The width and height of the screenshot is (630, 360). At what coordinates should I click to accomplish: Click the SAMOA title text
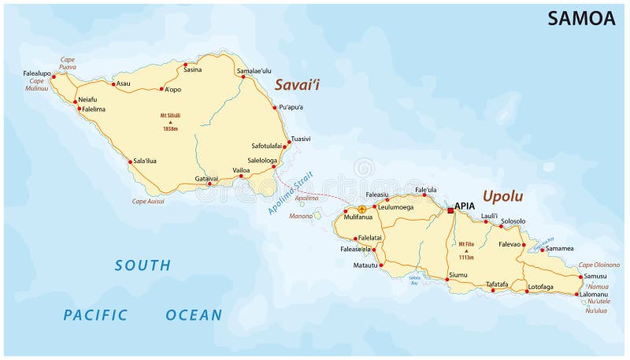581,19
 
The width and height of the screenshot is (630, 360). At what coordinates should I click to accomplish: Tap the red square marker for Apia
450,210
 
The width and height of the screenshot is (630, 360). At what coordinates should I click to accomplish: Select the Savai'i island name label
302,84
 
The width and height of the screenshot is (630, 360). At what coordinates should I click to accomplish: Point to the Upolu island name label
502,195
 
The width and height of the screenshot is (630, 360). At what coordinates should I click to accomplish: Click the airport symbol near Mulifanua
361,210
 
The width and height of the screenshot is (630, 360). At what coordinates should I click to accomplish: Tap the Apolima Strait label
290,194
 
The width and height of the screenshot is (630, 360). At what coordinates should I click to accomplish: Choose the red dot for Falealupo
54,77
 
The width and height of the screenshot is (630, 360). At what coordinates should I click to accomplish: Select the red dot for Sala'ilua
130,162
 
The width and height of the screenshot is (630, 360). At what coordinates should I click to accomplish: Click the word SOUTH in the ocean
143,265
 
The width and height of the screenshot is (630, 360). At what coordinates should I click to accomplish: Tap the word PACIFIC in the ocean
95,315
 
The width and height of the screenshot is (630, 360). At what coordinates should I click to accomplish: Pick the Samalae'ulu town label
254,70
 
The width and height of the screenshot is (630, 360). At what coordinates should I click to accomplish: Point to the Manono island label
301,215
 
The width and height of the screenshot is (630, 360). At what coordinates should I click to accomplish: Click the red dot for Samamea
542,250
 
